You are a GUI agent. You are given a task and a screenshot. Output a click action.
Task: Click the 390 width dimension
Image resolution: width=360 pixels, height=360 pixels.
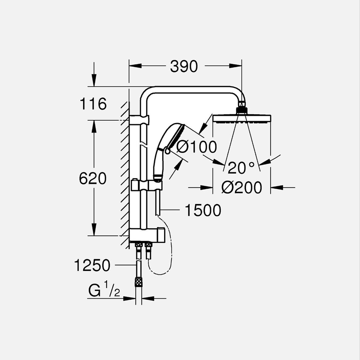[184, 67]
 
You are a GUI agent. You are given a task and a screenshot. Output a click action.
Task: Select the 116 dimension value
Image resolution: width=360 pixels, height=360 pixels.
[93, 104]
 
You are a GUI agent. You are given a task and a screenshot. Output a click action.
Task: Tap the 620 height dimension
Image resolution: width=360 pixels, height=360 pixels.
[93, 179]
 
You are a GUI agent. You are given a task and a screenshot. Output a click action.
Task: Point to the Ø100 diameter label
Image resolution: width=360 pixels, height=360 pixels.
[197, 146]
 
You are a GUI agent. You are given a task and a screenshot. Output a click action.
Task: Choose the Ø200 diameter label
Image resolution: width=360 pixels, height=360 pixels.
[242, 188]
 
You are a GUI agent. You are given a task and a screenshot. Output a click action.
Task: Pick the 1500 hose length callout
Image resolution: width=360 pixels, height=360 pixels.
[203, 210]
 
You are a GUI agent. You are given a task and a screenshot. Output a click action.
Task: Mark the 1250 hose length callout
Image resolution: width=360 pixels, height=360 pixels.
[92, 266]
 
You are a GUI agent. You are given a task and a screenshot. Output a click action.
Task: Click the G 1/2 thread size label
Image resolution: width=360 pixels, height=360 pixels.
[104, 291]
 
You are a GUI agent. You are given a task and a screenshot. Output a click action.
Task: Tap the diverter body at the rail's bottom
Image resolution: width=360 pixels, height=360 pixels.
[147, 235]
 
